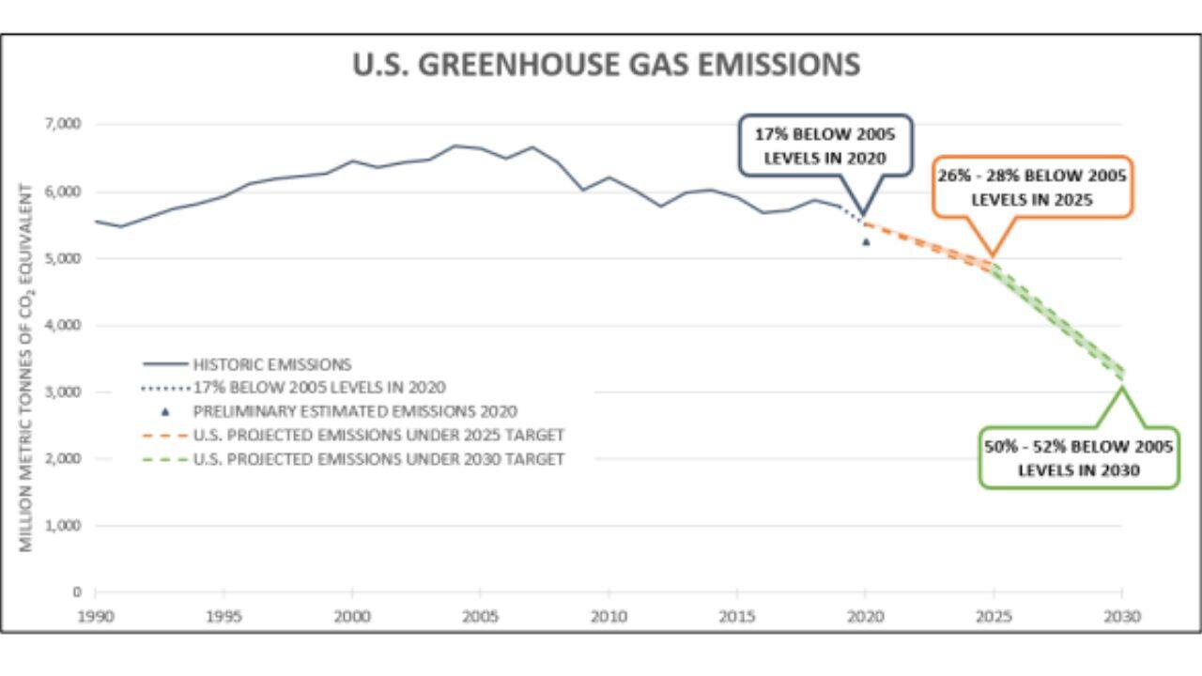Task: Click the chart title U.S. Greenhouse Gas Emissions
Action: pos(606,65)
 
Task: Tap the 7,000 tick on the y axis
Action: pos(64,124)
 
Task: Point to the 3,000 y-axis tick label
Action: pos(64,392)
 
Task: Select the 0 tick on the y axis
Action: pos(78,592)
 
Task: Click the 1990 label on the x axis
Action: pos(96,617)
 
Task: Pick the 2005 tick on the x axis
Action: pos(480,617)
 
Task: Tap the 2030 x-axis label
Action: pos(1121,617)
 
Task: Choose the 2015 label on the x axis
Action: pos(736,617)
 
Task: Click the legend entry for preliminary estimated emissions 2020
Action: pos(355,411)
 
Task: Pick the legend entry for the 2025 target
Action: pos(378,436)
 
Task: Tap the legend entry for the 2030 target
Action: pos(378,459)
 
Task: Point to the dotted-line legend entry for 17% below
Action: pos(318,387)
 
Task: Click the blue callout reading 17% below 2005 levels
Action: pos(825,146)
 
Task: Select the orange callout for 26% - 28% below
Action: pos(1032,187)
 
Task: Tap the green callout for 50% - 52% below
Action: pos(1078,458)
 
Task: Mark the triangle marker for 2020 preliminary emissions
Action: pos(866,242)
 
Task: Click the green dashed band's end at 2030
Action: pos(1120,374)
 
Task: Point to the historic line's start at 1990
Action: pos(96,221)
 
